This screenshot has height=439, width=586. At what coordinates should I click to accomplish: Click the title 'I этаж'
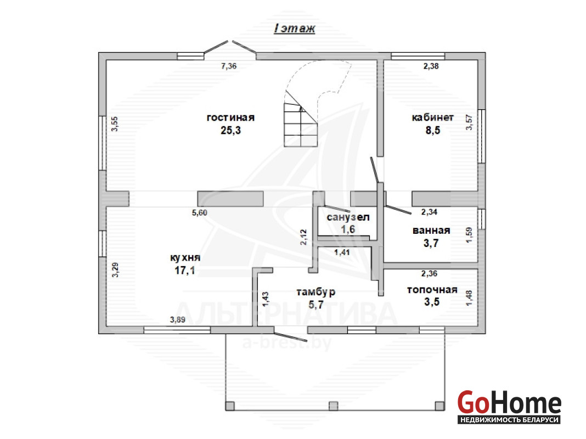pos(295,29)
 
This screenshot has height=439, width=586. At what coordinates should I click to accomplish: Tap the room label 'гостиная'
pos(230,117)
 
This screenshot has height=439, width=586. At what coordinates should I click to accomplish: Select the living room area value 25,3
pos(230,131)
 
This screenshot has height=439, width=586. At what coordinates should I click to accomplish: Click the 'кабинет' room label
pos(433,117)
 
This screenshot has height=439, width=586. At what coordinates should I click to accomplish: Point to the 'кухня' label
pos(185,258)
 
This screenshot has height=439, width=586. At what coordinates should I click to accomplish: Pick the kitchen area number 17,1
pos(184,270)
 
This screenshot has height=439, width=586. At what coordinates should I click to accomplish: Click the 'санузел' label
pos(348,217)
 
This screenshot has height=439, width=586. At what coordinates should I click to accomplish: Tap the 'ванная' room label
pos(431,230)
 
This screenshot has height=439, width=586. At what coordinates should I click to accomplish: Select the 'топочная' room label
pos(432,290)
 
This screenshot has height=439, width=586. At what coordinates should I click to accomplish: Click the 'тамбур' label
pos(316,292)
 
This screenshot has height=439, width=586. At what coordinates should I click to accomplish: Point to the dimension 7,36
pos(229,66)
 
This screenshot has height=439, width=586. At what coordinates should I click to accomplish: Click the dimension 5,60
pos(200,212)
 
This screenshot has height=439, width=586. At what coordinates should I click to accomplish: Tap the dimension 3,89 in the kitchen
pos(178,319)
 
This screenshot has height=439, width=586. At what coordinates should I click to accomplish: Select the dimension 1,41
pos(342,252)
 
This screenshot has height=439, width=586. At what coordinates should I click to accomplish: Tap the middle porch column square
pos(334,406)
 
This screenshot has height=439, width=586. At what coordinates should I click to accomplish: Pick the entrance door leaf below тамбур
pos(291,335)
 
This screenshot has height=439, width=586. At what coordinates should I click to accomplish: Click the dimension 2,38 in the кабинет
pos(431,66)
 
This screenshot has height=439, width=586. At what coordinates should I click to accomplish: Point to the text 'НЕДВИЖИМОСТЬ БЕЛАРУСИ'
pos(509,420)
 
